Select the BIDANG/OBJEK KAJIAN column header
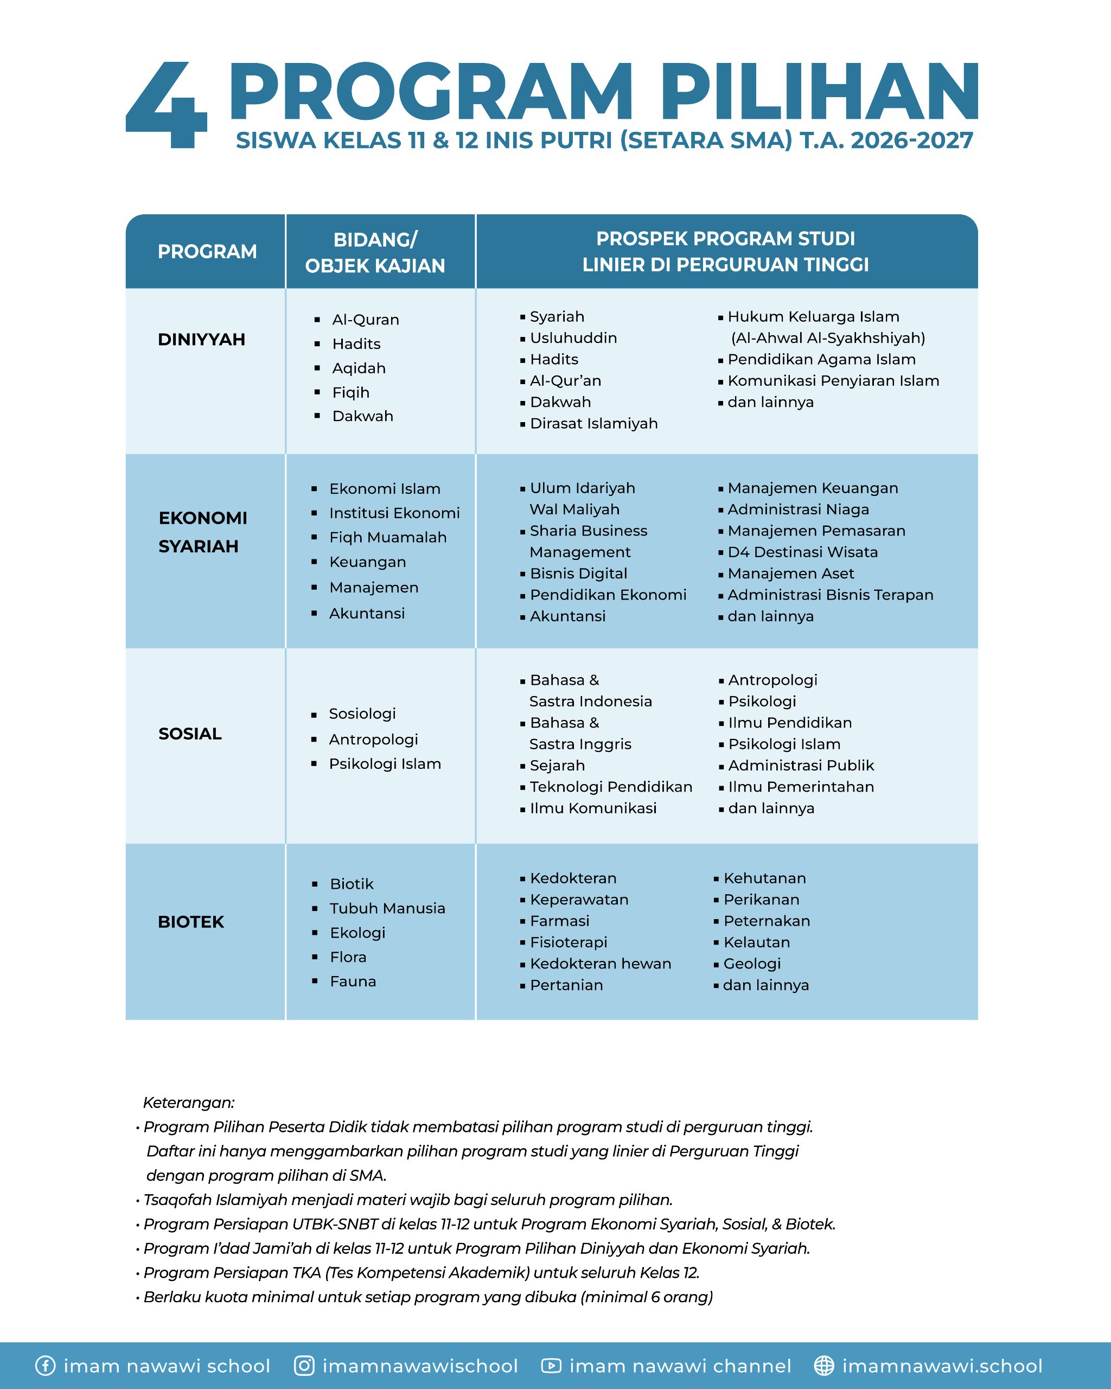click(375, 252)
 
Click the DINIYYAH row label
click(202, 340)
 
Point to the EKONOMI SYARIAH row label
click(202, 532)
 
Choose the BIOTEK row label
click(190, 922)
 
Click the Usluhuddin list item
click(573, 338)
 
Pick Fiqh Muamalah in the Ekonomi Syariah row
click(388, 537)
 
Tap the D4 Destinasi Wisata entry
click(802, 552)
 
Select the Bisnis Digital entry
click(578, 574)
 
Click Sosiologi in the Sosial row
click(362, 714)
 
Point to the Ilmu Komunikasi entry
click(592, 808)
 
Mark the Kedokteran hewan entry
click(601, 964)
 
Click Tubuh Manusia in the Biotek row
click(387, 908)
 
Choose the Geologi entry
click(752, 964)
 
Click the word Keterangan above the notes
click(189, 1103)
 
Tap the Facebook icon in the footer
click(45, 1366)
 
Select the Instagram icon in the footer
click(304, 1366)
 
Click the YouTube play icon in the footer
click(551, 1366)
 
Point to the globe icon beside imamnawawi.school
click(823, 1366)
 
